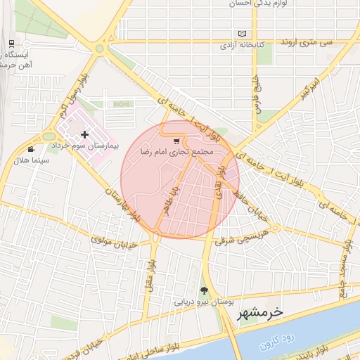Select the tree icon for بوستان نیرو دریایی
(205, 290)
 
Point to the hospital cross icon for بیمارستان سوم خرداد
(85, 134)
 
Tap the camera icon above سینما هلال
(31, 149)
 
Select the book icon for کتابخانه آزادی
(243, 34)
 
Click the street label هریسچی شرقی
(245, 233)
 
